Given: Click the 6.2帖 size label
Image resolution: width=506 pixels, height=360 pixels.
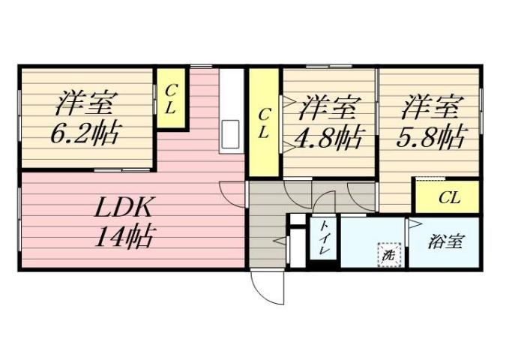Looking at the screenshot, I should point(84,134).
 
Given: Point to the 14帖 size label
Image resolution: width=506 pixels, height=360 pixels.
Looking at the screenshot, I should point(124,237).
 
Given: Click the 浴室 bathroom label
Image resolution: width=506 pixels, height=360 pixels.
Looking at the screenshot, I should point(445,241).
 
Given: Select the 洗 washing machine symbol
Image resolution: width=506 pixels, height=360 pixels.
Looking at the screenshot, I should point(388,254).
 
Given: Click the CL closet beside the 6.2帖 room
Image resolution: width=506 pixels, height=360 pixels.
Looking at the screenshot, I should point(171,98).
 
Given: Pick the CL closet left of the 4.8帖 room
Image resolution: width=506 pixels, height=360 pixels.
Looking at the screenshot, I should point(264,122).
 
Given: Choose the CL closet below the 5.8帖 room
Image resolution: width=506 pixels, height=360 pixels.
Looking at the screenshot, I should point(449,198).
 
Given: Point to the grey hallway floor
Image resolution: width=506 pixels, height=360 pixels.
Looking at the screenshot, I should point(266,225).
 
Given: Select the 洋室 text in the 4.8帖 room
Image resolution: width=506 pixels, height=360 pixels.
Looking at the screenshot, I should point(327,107).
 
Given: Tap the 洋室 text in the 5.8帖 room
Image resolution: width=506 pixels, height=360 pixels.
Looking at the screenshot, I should point(429,106).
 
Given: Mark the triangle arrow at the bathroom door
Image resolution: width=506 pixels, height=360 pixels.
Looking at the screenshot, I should point(412,224).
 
